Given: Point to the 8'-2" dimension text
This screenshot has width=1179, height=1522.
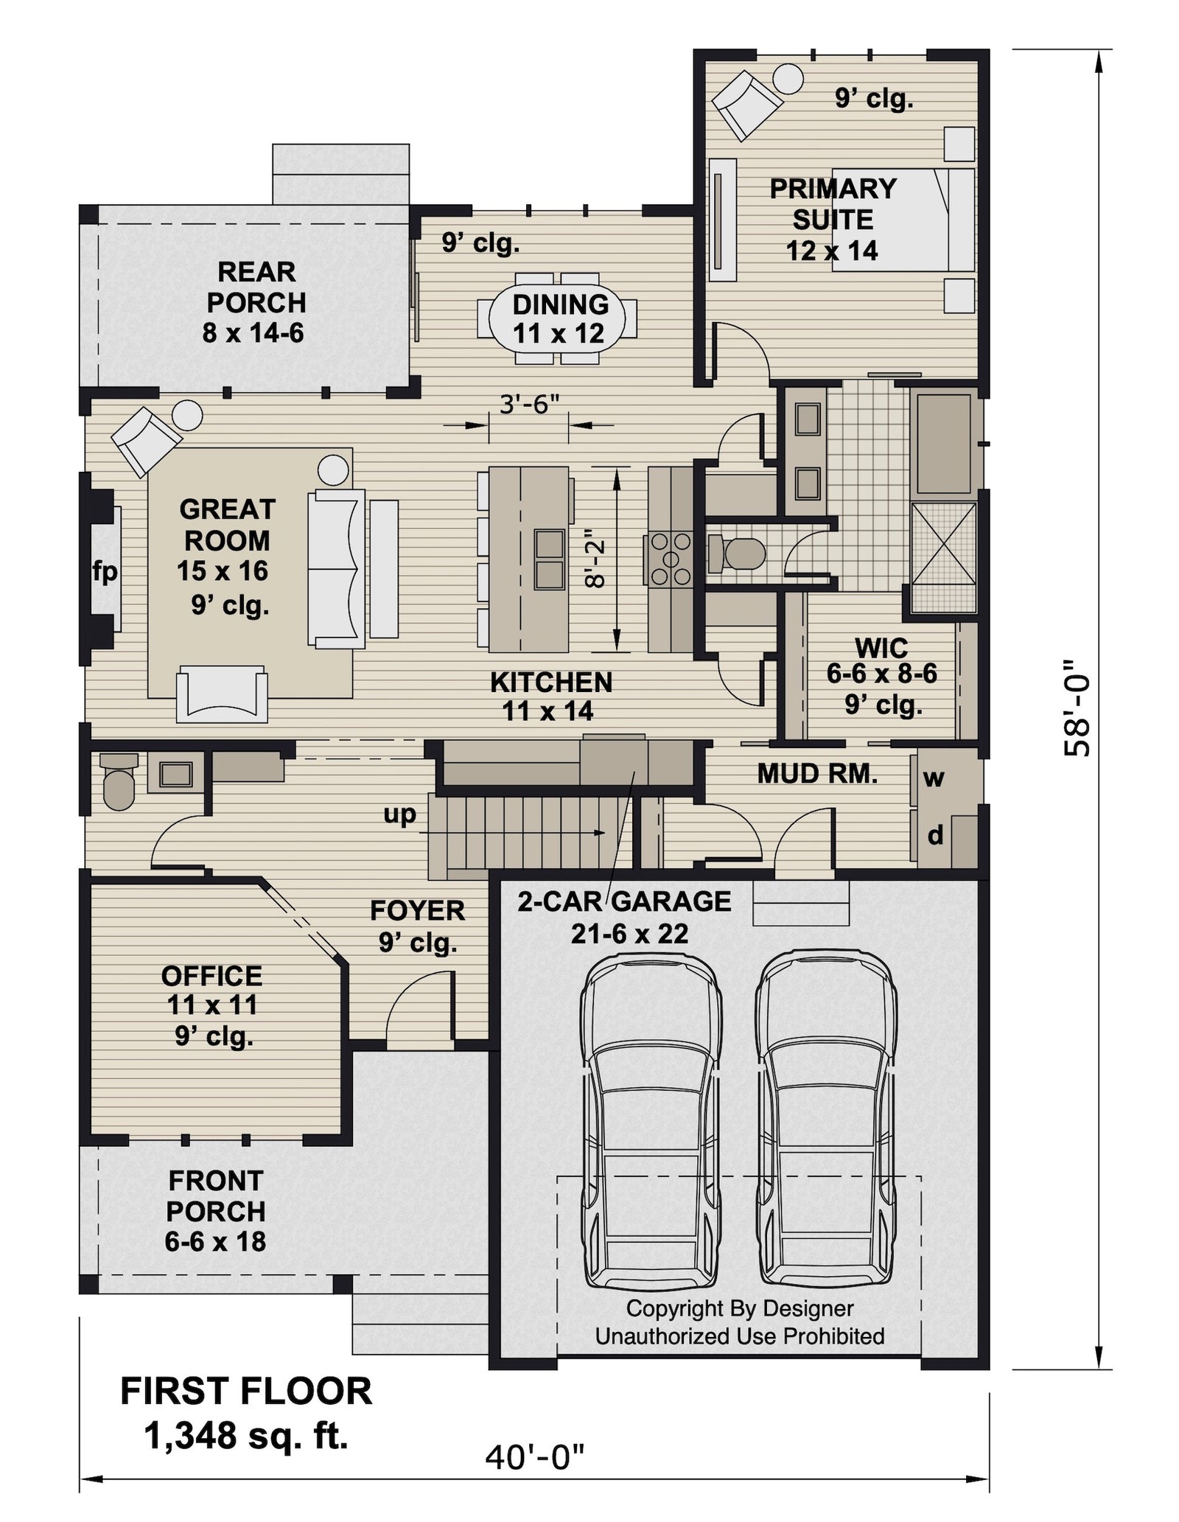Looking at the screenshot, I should coord(595,564).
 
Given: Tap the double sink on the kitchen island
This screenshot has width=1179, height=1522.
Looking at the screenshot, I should coord(549,559).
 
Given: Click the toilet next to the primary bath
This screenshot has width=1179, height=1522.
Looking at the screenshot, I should coord(737,554).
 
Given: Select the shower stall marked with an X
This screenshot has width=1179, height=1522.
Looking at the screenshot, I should coord(943,558).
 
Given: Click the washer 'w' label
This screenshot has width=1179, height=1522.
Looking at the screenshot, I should coord(934,778).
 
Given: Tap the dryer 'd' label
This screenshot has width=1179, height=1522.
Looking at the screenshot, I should coord(934,835).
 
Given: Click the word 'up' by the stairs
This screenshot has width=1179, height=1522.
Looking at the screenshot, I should coord(399,814).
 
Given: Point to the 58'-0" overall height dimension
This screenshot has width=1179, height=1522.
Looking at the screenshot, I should coord(1078,708).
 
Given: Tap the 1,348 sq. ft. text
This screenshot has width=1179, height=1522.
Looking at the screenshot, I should coord(246,1436).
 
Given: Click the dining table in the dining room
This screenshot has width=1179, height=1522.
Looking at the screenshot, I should coord(558,319).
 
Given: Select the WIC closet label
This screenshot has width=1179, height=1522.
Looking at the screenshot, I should coord(881,649).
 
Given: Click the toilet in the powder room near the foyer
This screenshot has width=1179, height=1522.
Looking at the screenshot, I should coord(118,783).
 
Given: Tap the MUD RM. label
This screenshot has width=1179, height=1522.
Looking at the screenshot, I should coord(817,773).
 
